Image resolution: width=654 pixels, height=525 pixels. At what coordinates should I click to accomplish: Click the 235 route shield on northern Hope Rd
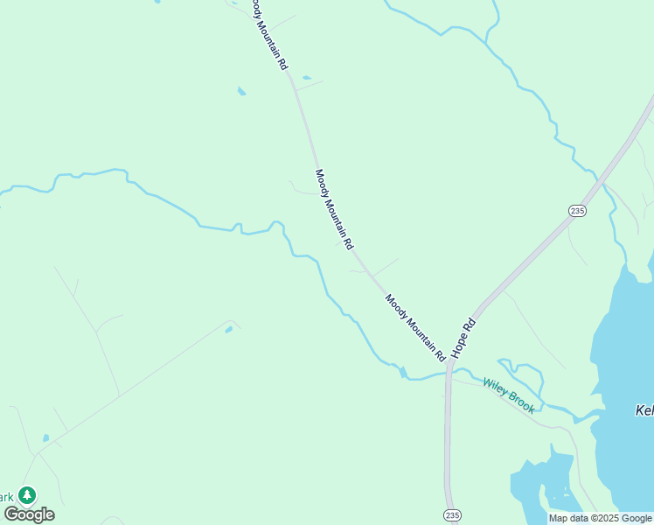click(x=576, y=211)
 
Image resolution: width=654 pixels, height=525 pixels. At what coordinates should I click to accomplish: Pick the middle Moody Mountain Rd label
click(x=333, y=209)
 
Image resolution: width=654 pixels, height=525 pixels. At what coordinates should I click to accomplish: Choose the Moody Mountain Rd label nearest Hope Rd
click(x=416, y=328)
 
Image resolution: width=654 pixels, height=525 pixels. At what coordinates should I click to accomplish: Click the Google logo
click(x=29, y=514)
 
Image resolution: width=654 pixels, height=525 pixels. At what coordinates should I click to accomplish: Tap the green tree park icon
click(x=27, y=495)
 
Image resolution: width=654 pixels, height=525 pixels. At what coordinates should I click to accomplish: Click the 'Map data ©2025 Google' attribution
click(x=600, y=518)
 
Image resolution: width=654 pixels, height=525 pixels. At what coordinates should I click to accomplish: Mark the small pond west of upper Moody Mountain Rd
click(x=240, y=90)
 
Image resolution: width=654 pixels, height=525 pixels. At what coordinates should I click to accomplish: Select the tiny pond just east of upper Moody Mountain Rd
click(x=306, y=78)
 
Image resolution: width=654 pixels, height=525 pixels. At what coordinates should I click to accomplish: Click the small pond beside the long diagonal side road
click(x=229, y=329)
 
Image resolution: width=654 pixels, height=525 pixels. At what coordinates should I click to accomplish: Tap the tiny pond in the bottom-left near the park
click(x=45, y=437)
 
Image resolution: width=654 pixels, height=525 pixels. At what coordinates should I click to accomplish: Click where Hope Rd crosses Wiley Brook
click(x=448, y=374)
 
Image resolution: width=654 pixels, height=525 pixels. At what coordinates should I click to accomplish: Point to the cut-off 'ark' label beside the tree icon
click(x=8, y=497)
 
